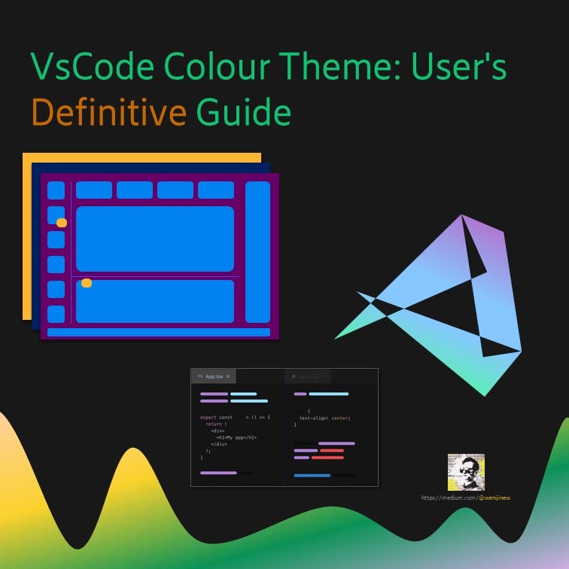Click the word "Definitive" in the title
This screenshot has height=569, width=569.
coord(108,114)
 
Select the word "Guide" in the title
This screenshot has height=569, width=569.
coord(243,114)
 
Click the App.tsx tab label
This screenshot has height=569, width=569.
coord(214,376)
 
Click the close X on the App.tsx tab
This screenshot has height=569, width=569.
coord(229,376)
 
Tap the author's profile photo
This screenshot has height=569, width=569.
coord(466,472)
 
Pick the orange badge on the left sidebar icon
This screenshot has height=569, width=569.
coord(62,223)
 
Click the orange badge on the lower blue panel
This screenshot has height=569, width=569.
coord(87,283)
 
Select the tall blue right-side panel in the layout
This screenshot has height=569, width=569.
coord(257,251)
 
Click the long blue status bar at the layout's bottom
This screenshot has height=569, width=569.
coord(158,332)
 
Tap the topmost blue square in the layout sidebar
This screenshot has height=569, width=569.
coord(56,190)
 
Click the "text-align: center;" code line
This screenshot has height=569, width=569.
coord(324,417)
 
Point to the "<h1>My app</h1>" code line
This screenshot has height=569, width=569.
coord(236,437)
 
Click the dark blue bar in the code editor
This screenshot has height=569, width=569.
coord(312,476)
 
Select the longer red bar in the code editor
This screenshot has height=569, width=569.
coord(327,458)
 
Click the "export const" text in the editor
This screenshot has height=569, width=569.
coord(215,417)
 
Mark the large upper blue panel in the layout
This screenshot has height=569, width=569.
coord(155,239)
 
